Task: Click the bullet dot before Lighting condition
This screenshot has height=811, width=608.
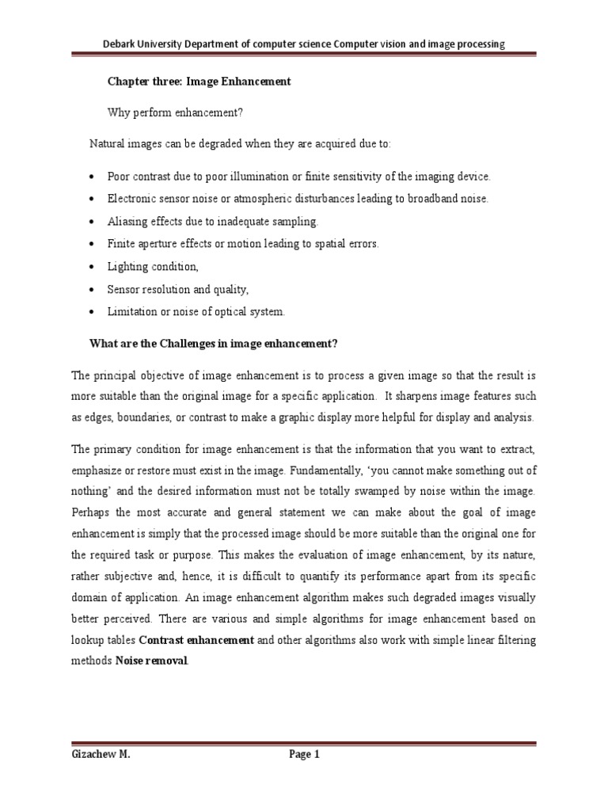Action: tap(93, 268)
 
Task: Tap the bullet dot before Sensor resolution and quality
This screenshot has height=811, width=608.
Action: tap(93, 291)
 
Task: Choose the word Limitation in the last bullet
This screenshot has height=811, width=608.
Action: tap(132, 312)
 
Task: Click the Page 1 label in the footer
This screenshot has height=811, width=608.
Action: tap(303, 755)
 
